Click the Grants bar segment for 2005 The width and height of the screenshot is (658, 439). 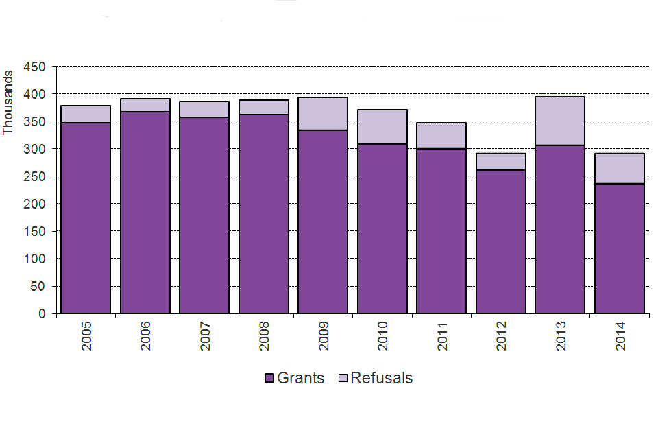[86, 218]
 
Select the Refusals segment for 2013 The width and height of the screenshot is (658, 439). [560, 121]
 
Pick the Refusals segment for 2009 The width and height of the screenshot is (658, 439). [323, 114]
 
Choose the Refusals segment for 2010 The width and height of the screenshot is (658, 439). [382, 127]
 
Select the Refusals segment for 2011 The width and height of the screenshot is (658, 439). [441, 136]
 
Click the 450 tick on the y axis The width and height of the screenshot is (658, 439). [34, 67]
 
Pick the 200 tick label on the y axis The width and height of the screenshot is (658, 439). [34, 204]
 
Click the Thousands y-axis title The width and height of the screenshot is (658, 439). [8, 102]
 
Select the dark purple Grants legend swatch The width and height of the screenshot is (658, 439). [269, 379]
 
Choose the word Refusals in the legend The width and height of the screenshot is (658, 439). [381, 379]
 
